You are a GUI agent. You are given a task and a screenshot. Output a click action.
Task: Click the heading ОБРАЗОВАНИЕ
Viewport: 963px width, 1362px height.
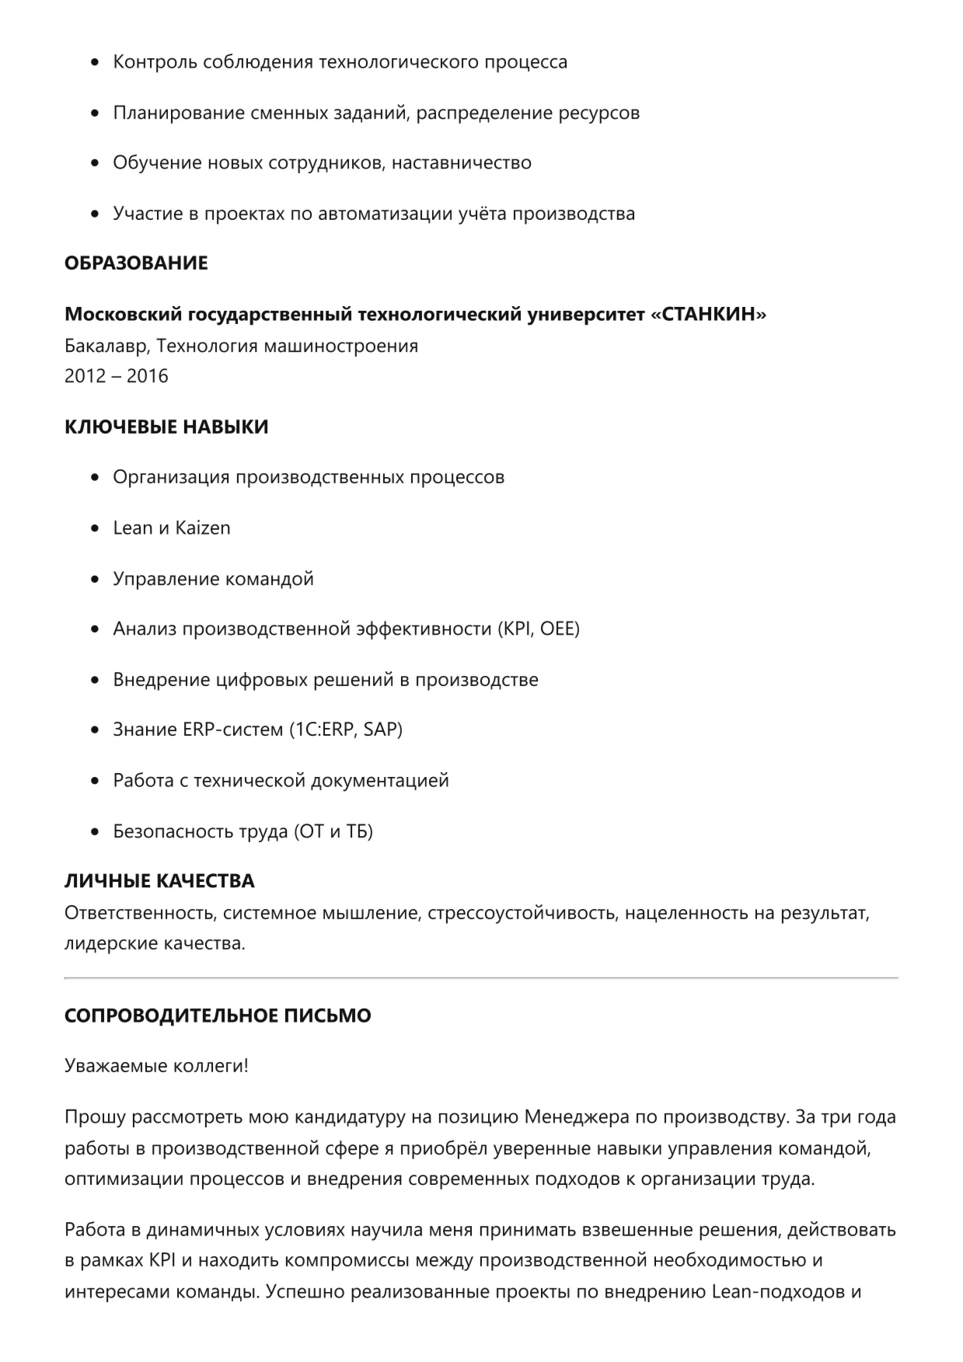[x=136, y=263]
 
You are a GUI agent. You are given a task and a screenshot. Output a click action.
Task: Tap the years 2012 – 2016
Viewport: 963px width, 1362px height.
[x=116, y=376]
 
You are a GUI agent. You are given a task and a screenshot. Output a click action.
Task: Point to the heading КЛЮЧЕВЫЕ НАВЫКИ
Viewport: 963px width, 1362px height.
[x=166, y=427]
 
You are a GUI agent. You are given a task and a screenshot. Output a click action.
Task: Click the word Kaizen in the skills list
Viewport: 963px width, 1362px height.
[x=203, y=528]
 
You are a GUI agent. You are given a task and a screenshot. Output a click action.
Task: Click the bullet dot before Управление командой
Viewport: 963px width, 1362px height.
[x=95, y=579]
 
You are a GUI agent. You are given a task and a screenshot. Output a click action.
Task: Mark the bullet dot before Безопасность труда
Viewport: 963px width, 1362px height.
[x=95, y=831]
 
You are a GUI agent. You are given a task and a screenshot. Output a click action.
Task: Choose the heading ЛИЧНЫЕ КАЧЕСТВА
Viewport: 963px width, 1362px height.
[x=159, y=881]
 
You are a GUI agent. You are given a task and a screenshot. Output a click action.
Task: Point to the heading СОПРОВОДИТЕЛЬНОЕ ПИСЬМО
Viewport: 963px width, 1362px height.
[x=218, y=1015]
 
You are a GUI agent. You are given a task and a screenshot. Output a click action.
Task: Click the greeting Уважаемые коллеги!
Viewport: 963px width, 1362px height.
[x=156, y=1066]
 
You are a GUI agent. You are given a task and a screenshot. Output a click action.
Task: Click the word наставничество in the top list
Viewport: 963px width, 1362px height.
[x=462, y=163]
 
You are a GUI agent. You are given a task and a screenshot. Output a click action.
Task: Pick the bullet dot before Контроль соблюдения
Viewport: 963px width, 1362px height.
[x=95, y=62]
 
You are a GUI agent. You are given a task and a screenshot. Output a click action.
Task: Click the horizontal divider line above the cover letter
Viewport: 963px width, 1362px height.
[x=481, y=977]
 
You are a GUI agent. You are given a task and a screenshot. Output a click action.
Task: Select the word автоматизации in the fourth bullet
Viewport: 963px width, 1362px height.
[x=374, y=214]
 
